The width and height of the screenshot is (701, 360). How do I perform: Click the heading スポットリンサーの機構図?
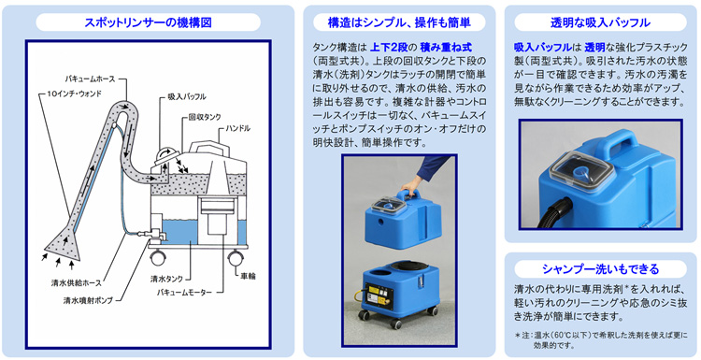tap(148, 22)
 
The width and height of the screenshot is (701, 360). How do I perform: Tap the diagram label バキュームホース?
tap(90, 79)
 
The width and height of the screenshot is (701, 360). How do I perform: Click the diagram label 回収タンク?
tap(205, 117)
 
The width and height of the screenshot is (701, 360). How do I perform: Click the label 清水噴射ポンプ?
tap(88, 300)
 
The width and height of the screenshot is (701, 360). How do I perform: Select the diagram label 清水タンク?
tap(166, 279)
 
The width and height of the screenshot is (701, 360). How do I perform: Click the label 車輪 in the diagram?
tap(247, 276)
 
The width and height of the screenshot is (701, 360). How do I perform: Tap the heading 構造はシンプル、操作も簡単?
tap(399, 22)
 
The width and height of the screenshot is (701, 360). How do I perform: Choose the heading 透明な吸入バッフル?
tap(600, 22)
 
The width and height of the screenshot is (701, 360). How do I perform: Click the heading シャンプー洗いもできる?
tap(600, 268)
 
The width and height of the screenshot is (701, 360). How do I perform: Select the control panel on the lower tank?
tap(379, 295)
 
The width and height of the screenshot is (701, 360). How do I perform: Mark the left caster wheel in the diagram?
tap(158, 258)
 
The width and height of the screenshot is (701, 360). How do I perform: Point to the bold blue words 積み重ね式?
tap(446, 47)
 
